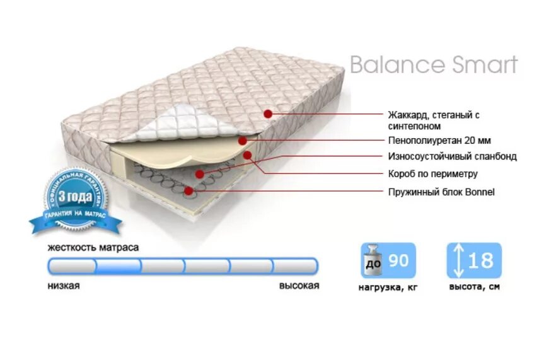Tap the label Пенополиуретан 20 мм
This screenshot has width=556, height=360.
tap(439, 140)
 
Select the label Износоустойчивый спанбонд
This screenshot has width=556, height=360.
tap(452, 156)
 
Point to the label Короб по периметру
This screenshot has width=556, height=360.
tap(433, 173)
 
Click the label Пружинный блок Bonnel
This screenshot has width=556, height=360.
tap(441, 192)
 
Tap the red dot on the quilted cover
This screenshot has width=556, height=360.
tap(268, 114)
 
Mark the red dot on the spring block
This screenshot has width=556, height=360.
tap(188, 190)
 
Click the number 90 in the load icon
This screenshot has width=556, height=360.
tap(399, 260)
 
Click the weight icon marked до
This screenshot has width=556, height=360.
tap(374, 260)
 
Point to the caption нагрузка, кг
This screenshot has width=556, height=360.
tap(387, 287)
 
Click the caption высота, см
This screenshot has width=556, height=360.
tap(474, 287)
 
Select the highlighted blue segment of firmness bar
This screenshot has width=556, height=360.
tap(118, 266)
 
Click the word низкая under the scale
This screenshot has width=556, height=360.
tap(63, 286)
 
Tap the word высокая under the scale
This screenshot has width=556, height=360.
tap(299, 286)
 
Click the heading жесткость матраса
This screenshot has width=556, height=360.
tap(93, 248)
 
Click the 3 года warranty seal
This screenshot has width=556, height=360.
tap(75, 199)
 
